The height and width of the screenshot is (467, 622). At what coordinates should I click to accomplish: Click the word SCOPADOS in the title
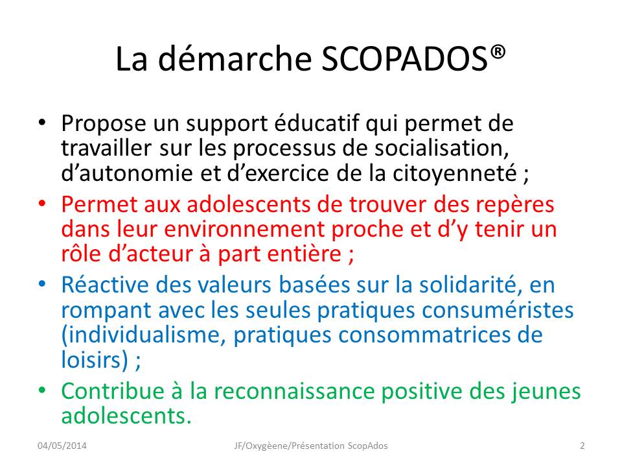(404, 59)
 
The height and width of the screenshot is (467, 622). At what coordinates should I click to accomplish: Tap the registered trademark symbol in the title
(498, 53)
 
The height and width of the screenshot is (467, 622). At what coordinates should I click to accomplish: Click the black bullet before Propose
(43, 123)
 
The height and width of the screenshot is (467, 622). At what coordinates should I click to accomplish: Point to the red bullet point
(43, 203)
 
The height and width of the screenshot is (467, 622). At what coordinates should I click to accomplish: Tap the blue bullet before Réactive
(43, 284)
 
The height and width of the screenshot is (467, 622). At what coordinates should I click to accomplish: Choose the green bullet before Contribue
(43, 390)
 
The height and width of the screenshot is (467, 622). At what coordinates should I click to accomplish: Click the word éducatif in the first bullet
(317, 123)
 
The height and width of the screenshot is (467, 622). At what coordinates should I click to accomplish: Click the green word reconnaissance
(294, 391)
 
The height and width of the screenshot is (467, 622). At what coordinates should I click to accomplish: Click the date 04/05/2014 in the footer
(62, 446)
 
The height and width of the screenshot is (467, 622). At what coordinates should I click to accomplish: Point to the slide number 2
(582, 446)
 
